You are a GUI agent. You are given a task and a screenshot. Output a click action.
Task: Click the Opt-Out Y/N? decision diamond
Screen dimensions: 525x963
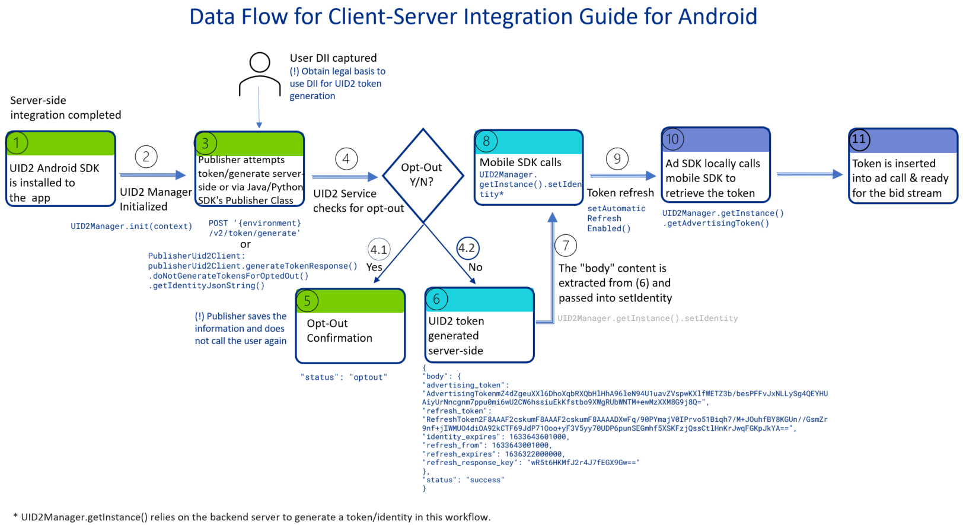coord(422,175)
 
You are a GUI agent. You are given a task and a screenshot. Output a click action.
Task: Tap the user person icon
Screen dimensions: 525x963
coord(260,74)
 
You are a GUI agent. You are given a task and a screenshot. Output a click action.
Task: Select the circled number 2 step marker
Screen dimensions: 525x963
coord(146,157)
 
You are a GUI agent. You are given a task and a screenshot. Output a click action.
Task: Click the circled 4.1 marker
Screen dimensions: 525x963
coord(378,249)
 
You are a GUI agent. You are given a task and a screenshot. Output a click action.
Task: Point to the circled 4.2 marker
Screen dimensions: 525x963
coord(467,248)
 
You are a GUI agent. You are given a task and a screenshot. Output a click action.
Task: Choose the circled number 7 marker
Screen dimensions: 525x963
coord(566,245)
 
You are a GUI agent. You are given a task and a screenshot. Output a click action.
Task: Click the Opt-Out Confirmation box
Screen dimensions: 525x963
coord(350,326)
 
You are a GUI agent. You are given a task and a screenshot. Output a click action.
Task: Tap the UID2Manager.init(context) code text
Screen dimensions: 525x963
coord(131,226)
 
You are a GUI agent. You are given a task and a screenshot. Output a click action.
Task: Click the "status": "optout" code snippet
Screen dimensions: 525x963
coord(343,377)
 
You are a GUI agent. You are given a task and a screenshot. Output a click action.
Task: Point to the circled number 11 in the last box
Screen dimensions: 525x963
coord(859,139)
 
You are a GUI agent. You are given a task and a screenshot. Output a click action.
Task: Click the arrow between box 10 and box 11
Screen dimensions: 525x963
coord(809,174)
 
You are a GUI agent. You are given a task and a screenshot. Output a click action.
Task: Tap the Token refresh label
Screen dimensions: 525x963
coord(620,193)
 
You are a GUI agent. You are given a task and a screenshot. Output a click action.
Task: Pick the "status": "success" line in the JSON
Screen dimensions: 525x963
coord(463,480)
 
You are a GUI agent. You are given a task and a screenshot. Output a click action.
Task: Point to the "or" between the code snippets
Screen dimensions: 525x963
coord(245,244)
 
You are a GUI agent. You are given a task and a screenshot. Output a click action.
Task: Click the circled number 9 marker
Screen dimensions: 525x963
coord(617,158)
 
